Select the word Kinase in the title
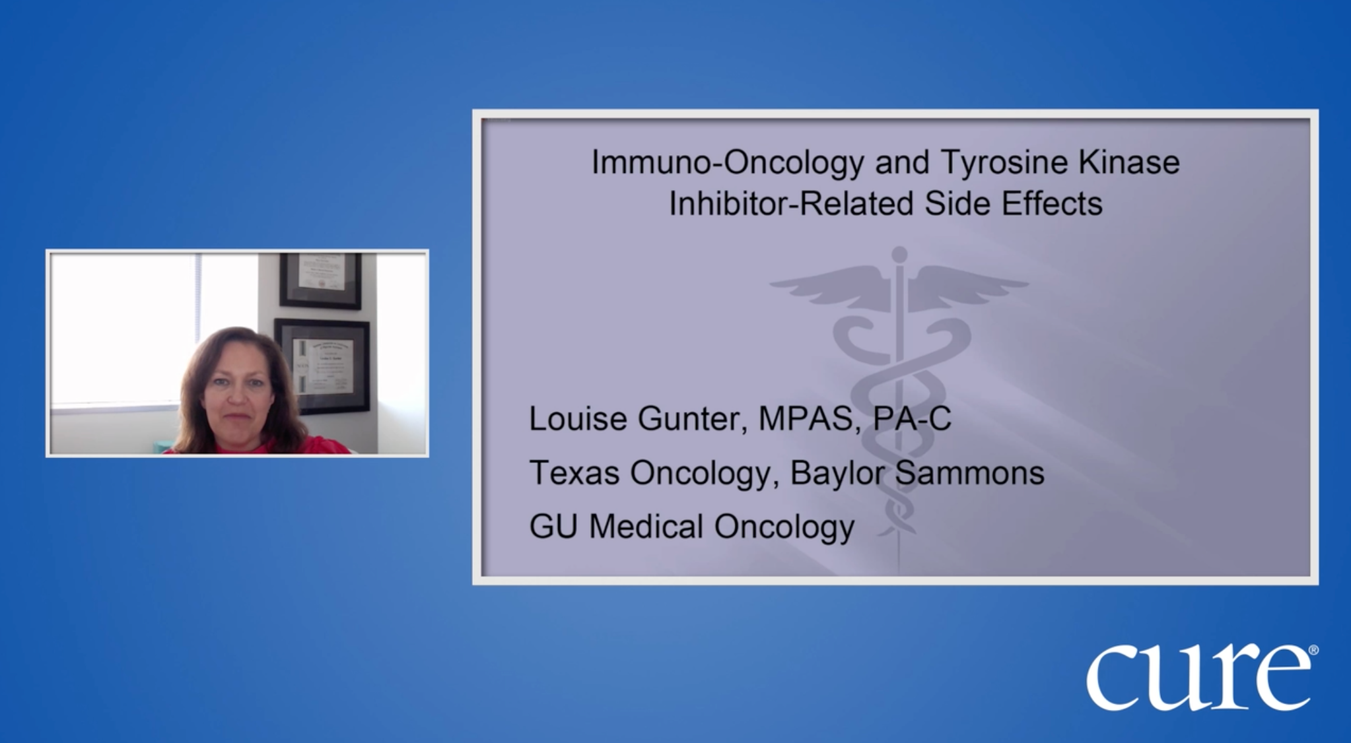point(1130,162)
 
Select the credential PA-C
point(912,418)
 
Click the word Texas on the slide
point(574,472)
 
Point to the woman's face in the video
point(236,388)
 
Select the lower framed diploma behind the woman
point(322,365)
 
